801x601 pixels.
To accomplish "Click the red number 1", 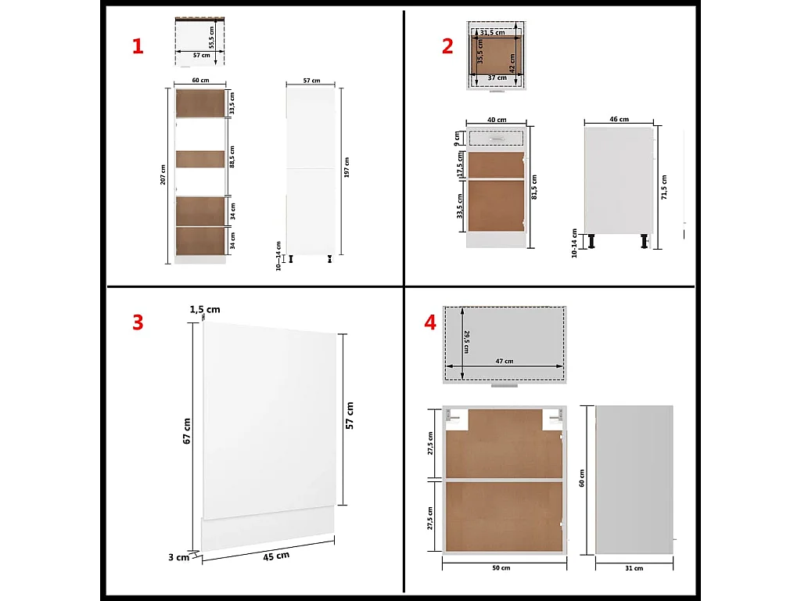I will click(x=138, y=47).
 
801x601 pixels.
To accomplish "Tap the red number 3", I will click(x=138, y=322).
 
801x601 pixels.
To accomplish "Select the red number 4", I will click(x=429, y=322).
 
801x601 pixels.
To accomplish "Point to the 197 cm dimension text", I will click(x=347, y=166).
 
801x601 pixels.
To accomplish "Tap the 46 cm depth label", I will click(x=618, y=120).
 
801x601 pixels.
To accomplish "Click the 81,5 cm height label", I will click(x=534, y=189).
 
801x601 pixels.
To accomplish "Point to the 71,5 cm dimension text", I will click(x=665, y=186).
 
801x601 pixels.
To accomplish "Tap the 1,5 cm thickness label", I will click(x=206, y=310).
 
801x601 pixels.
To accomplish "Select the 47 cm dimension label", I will click(x=505, y=361).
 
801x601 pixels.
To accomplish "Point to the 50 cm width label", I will click(x=501, y=567).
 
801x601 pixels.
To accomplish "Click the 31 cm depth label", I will click(x=634, y=567).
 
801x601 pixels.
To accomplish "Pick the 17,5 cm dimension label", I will click(x=460, y=165).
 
